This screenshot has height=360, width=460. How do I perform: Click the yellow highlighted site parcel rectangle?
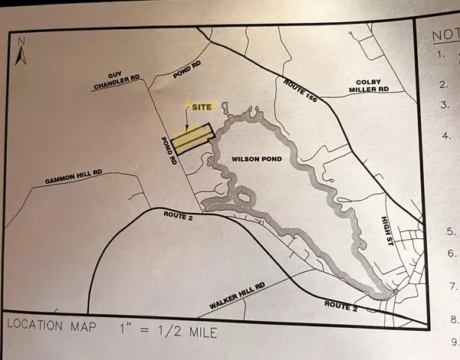pyautogui.click(x=191, y=139)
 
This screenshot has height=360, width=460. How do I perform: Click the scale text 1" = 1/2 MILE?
pyautogui.click(x=173, y=331)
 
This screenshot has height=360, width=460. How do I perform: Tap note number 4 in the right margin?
pyautogui.click(x=445, y=137)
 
